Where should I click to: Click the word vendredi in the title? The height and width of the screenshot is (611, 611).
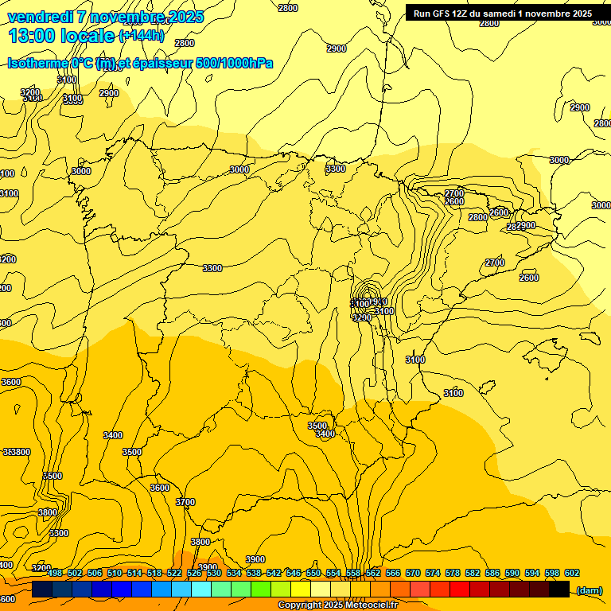(x=40, y=17)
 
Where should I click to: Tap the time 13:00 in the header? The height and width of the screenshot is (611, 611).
(x=33, y=36)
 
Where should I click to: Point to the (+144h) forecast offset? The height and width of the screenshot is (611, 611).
(x=142, y=36)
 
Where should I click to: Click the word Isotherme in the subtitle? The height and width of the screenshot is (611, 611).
(x=37, y=63)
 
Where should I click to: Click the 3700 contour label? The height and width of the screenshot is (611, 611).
(x=185, y=502)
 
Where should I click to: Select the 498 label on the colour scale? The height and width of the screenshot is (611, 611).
(x=55, y=573)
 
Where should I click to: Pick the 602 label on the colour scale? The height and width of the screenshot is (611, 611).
(x=572, y=573)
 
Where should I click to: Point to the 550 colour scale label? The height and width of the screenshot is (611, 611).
(x=313, y=573)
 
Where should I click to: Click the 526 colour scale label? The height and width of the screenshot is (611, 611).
(x=194, y=573)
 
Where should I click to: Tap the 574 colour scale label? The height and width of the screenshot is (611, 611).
(x=433, y=573)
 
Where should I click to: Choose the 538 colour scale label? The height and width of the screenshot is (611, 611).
(x=254, y=573)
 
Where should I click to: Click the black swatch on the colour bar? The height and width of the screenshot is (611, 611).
(x=559, y=590)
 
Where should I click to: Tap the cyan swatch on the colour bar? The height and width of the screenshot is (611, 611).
(x=201, y=590)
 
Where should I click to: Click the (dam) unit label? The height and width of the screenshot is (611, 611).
(x=589, y=590)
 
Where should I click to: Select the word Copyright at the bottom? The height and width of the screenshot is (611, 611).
(x=300, y=605)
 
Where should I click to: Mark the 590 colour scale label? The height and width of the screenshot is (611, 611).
(x=512, y=573)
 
